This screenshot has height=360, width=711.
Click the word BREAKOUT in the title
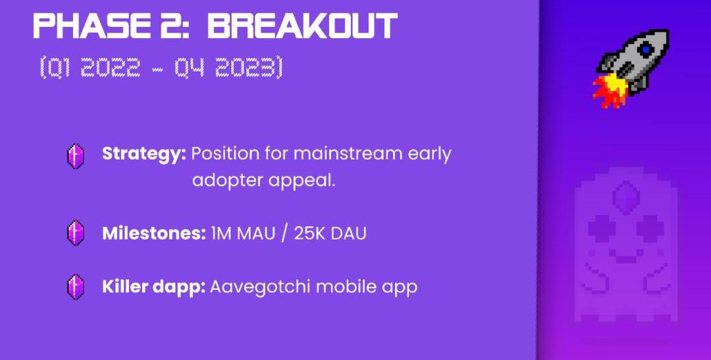point(302,26)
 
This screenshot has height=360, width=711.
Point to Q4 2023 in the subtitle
point(226,68)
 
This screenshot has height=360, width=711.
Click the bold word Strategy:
point(144,154)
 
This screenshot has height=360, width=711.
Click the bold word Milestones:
point(154,234)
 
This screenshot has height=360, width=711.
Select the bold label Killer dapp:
point(153,286)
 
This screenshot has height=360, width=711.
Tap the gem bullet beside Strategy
point(76,156)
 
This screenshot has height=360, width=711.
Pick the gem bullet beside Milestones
point(76,233)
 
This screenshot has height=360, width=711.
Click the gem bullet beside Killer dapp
point(76,286)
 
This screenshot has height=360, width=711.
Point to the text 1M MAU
point(243,234)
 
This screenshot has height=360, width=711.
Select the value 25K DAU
point(330,234)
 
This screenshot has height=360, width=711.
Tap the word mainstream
point(348,154)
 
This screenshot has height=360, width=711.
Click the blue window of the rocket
point(646,49)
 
